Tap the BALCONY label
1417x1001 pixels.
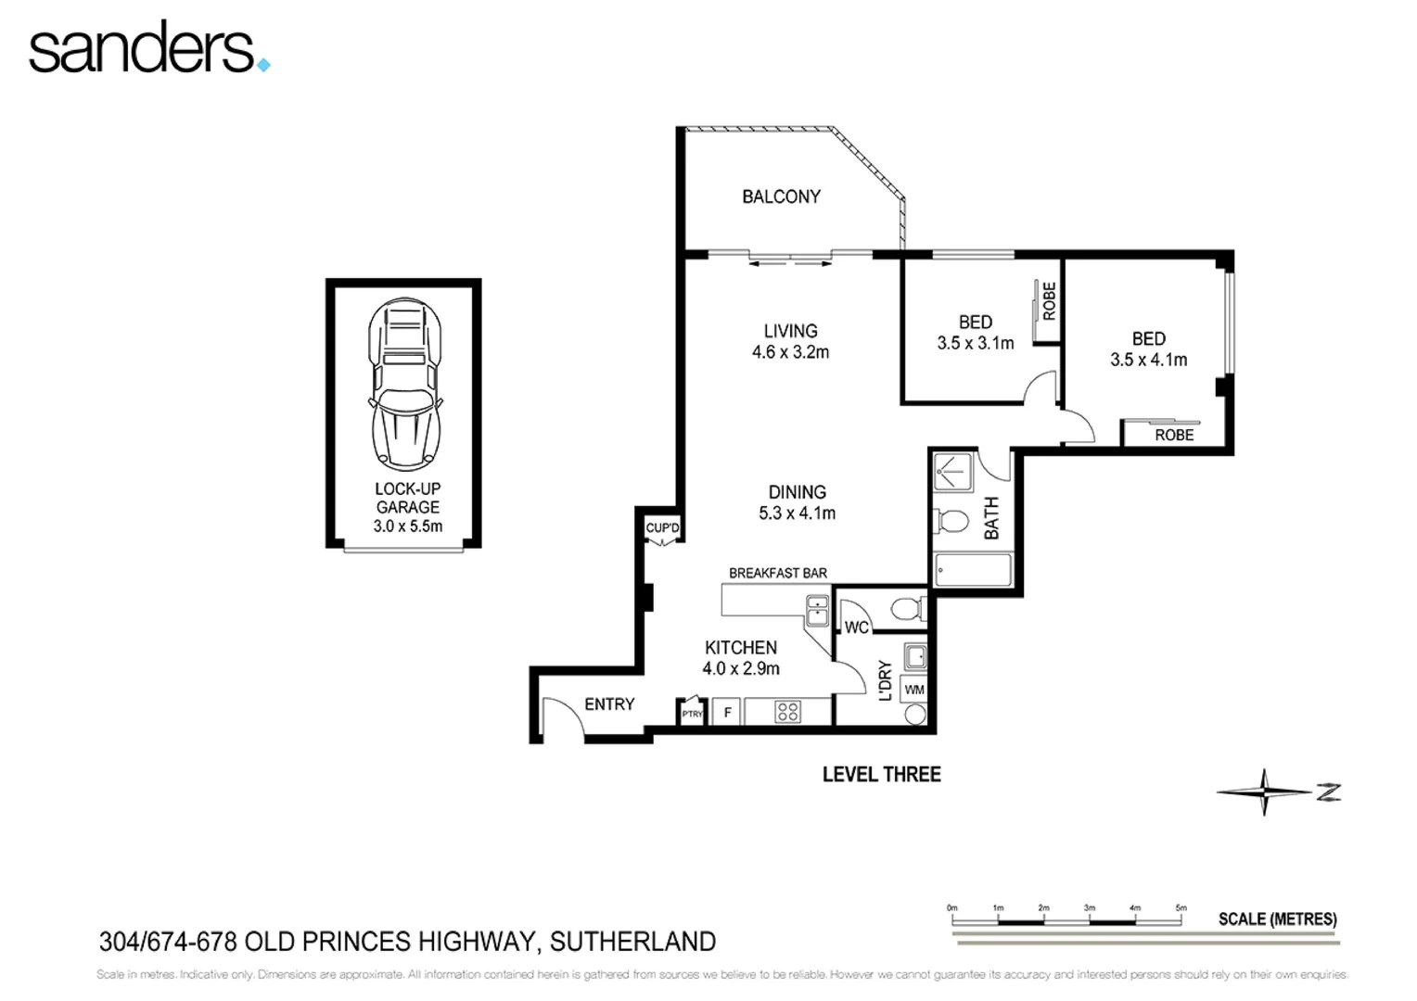781,196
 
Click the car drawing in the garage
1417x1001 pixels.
405,384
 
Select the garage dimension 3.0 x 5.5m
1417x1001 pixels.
407,526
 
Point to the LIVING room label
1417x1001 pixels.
790,331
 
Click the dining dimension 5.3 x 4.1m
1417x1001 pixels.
797,513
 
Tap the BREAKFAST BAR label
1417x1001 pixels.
777,573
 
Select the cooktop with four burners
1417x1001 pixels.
787,712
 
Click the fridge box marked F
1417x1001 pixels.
728,712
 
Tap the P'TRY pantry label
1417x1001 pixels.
692,714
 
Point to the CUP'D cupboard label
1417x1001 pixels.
662,528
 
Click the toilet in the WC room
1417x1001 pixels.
905,610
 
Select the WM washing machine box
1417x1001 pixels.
913,690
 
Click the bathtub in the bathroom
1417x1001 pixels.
973,569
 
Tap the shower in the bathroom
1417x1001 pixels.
952,472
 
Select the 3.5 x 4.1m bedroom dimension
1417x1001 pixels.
1148,360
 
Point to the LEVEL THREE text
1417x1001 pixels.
881,774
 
